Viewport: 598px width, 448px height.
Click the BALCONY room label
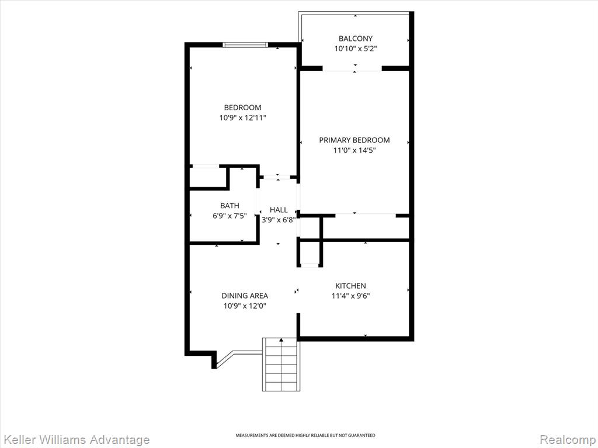pos(356,38)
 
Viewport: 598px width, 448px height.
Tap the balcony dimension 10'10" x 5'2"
pos(356,48)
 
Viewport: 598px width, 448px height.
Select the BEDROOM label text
pos(242,107)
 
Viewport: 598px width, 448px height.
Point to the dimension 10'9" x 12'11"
pos(242,118)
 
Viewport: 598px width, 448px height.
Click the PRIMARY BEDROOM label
pos(354,140)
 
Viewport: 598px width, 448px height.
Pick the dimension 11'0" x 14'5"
pos(354,150)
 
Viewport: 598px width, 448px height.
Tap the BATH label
pos(230,206)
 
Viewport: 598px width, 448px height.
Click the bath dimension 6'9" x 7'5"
pos(230,216)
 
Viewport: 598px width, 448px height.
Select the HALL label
pos(279,210)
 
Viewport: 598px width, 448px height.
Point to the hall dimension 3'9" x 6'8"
pos(279,220)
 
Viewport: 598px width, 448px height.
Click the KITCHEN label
pos(350,286)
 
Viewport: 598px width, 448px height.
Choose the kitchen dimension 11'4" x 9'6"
pos(350,296)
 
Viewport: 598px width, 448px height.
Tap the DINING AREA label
pos(245,296)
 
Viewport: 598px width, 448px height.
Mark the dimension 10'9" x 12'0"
pos(245,306)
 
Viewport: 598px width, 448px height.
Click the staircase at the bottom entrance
pos(281,364)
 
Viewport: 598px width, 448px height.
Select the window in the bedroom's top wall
pos(245,44)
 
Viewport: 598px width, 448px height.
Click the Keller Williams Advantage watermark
pos(75,440)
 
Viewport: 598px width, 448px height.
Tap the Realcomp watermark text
pos(568,440)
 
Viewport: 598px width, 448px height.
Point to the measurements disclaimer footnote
pos(305,435)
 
